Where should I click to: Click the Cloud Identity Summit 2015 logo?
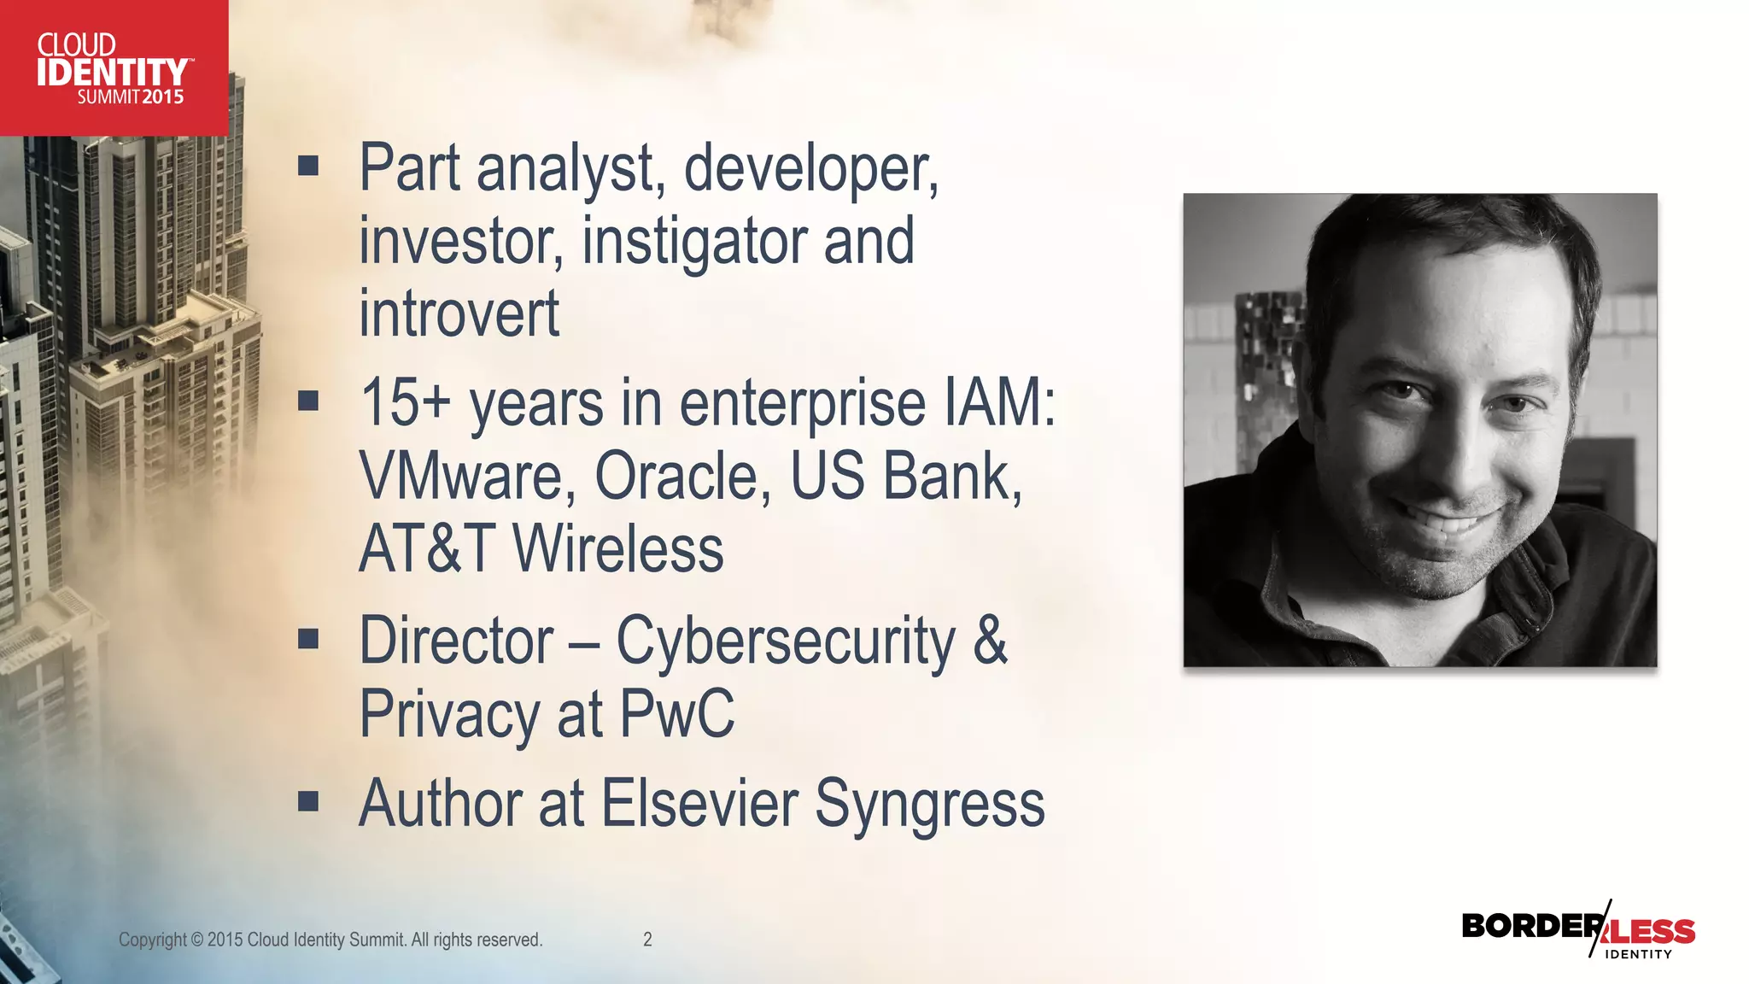(x=114, y=68)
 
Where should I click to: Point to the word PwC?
(x=676, y=713)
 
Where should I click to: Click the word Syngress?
(x=929, y=804)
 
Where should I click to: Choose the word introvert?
(x=459, y=313)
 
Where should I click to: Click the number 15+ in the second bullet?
(x=405, y=402)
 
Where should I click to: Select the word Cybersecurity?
(x=786, y=641)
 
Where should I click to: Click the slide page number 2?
(x=647, y=940)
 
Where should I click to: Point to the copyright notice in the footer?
(x=330, y=940)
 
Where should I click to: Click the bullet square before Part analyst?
(x=308, y=165)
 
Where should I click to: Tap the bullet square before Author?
(x=308, y=801)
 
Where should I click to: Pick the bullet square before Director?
(x=308, y=639)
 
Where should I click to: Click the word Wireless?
(x=617, y=549)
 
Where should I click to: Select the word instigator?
(x=693, y=242)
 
